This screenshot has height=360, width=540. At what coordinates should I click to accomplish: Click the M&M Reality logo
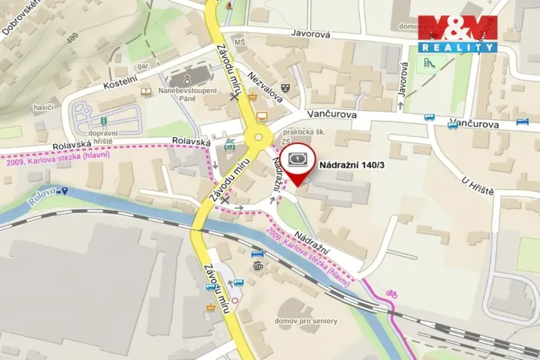click(458, 34)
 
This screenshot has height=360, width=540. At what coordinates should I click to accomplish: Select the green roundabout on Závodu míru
click(258, 141)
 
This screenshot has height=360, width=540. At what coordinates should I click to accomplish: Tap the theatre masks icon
click(287, 88)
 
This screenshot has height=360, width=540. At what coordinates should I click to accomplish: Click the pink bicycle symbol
click(392, 293)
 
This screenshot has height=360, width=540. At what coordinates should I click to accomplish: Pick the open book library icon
click(146, 92)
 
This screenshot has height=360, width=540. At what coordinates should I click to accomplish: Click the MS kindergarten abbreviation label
click(239, 42)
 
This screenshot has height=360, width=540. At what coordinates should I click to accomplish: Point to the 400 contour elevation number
click(73, 37)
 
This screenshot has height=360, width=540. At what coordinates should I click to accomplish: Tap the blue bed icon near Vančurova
click(522, 122)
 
